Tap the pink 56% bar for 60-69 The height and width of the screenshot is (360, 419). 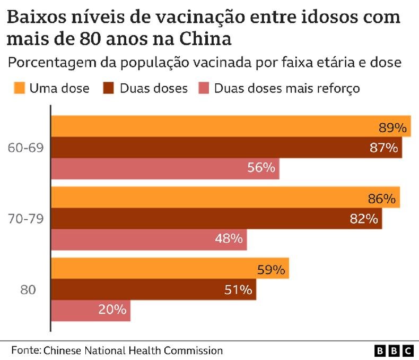[165, 168]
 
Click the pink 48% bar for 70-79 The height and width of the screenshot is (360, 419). [149, 239]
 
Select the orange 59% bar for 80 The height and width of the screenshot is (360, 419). [170, 269]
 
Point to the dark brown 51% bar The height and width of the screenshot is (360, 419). [154, 289]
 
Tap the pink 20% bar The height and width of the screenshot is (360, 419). [91, 310]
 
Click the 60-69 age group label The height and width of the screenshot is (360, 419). [25, 148]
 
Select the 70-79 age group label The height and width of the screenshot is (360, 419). [25, 218]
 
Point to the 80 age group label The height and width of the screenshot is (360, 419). [28, 290]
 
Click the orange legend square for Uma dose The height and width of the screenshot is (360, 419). [19, 88]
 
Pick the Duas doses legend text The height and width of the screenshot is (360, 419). [153, 88]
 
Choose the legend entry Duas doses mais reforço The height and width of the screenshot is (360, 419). [286, 88]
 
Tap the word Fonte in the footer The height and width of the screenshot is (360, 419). [25, 350]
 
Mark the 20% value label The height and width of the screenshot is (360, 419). [112, 310]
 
